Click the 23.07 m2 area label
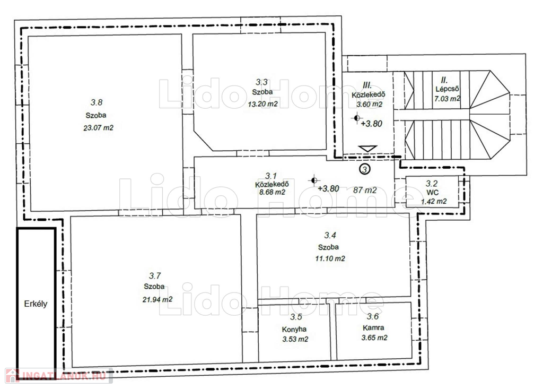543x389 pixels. (x=98, y=127)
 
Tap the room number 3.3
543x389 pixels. (x=262, y=82)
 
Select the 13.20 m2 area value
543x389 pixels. (x=263, y=104)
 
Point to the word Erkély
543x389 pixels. (x=36, y=304)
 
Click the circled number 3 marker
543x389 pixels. (x=365, y=169)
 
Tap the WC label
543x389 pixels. (x=433, y=193)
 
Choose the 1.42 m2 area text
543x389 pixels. (x=434, y=202)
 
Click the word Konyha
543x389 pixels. (x=294, y=330)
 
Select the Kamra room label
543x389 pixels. (x=373, y=327)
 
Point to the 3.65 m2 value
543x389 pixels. (x=374, y=338)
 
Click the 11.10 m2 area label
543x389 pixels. (x=330, y=258)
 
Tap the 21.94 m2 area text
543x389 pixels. (x=157, y=299)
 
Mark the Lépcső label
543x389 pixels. (x=447, y=89)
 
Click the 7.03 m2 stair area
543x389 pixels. (x=448, y=99)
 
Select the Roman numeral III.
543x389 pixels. (x=367, y=85)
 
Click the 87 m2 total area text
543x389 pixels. (x=365, y=190)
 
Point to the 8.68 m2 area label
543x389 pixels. (x=272, y=192)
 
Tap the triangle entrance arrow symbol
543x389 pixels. (x=368, y=149)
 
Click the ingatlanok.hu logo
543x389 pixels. (x=59, y=376)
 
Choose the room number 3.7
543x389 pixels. (x=155, y=275)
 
